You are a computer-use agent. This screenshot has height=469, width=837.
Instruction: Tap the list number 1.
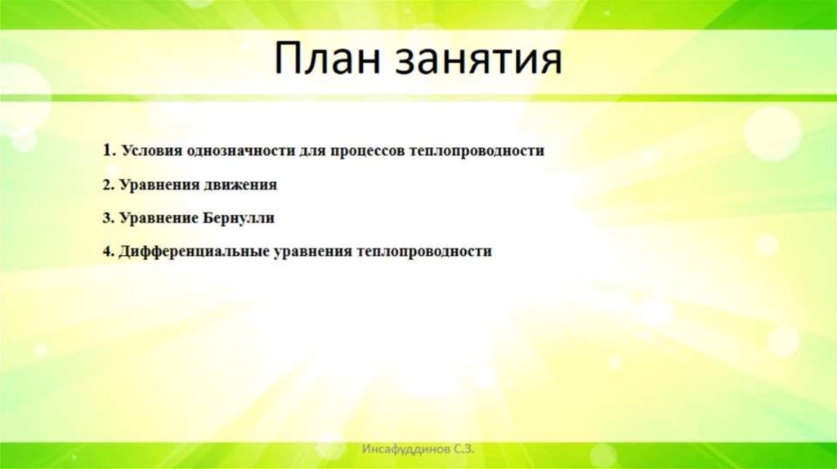tap(107, 151)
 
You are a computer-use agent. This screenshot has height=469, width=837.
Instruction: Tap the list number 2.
tap(107, 185)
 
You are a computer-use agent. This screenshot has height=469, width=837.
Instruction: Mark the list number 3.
tap(107, 219)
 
